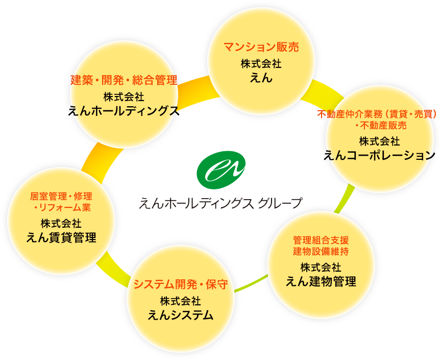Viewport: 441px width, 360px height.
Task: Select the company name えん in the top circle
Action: pos(261,78)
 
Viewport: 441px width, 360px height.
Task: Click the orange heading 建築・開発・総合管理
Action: pos(124,80)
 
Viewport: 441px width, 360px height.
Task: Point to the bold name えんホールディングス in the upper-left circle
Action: pos(124,111)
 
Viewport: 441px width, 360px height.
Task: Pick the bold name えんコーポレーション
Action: pos(379,155)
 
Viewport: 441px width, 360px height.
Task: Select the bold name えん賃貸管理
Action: pos(61,237)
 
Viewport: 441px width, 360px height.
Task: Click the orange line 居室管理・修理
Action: pos(61,196)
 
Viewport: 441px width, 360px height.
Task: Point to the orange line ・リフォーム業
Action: pos(61,207)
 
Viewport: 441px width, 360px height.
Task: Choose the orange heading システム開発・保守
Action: pos(181,284)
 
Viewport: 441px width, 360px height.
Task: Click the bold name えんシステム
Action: pos(181,315)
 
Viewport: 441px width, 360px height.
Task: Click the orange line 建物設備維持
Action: pos(321,251)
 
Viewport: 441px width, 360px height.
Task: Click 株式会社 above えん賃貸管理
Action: pos(61,223)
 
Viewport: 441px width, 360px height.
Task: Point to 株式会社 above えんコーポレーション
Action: pos(379,140)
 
